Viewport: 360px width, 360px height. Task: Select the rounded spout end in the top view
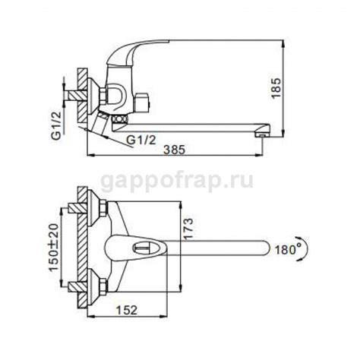262,247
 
